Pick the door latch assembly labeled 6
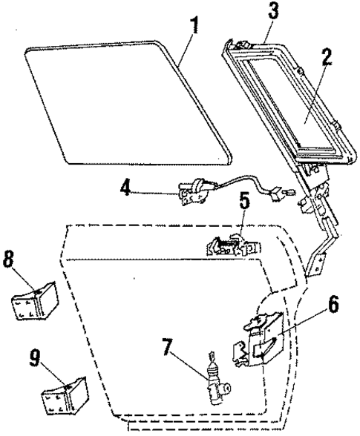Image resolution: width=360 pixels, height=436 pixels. tap(256, 337)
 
